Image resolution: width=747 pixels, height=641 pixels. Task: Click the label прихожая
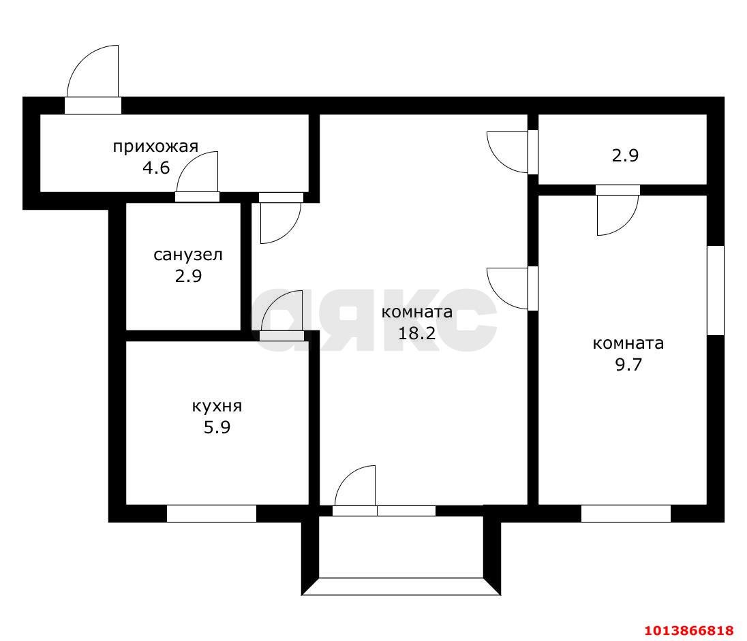point(155,146)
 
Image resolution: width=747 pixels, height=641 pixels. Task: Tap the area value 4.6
point(155,168)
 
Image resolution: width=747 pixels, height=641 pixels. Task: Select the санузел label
point(188,255)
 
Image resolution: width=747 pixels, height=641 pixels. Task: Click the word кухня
point(217,407)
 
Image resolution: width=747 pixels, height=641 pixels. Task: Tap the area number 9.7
point(628,364)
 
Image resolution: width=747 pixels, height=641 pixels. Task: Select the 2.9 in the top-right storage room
point(624,155)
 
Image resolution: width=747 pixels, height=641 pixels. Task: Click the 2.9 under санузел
point(188,277)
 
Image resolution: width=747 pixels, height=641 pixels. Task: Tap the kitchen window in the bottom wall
point(211,514)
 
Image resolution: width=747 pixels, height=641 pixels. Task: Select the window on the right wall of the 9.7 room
point(715,290)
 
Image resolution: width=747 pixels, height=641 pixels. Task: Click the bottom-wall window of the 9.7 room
point(626,514)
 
